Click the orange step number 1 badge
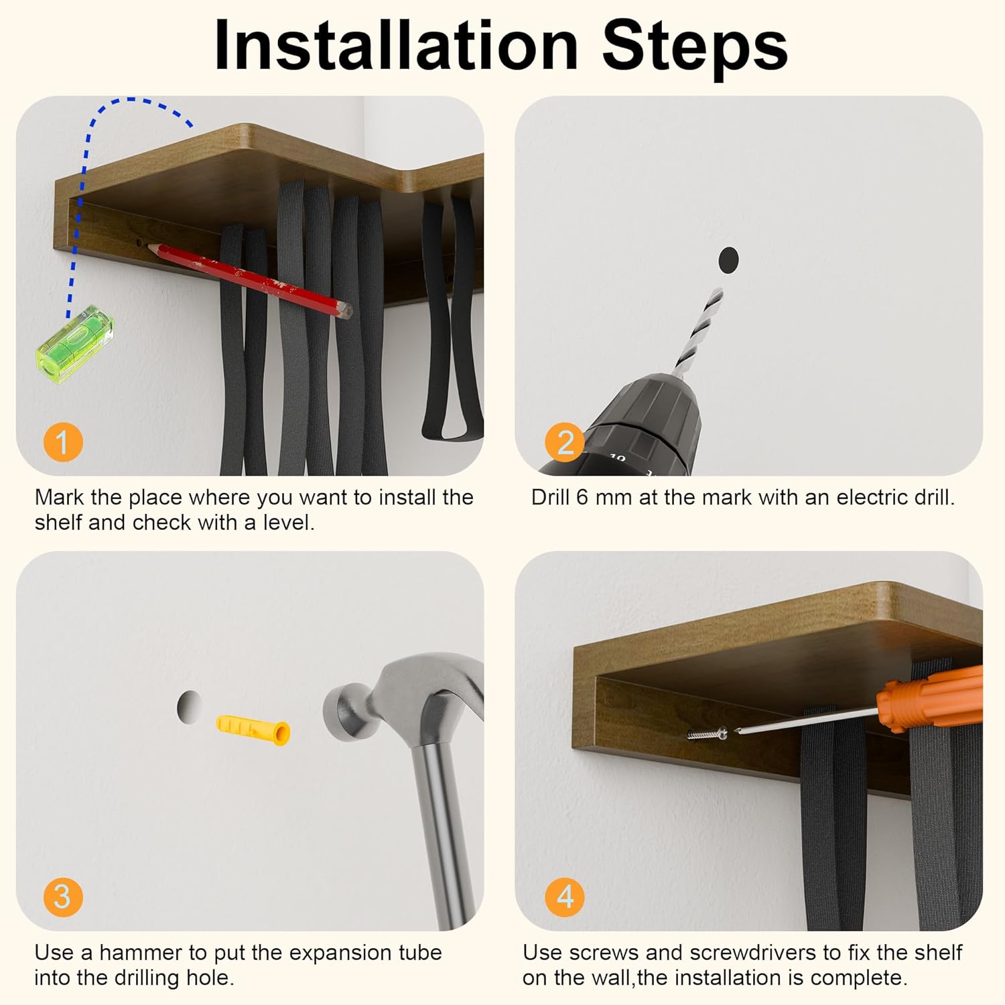point(63,442)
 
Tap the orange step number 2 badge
point(565,442)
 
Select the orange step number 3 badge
point(63,897)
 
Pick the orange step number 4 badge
point(565,897)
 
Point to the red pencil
point(249,280)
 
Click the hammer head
point(402,697)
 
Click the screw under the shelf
point(708,734)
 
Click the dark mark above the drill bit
point(728,259)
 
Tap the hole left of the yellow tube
point(189,707)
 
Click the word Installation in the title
point(396,45)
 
